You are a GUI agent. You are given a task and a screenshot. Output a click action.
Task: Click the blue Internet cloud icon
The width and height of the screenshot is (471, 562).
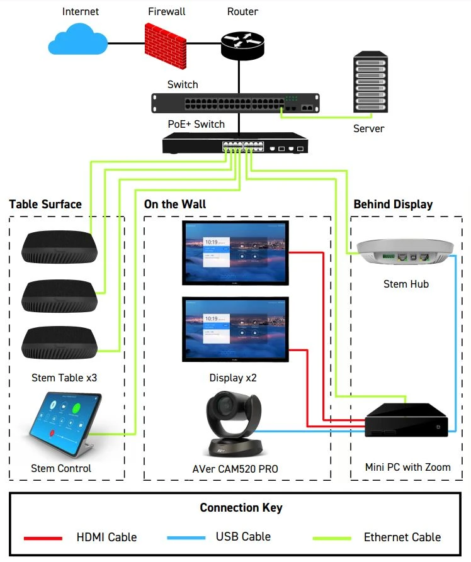(x=77, y=41)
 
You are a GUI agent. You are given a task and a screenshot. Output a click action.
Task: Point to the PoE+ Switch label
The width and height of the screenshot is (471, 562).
(x=196, y=124)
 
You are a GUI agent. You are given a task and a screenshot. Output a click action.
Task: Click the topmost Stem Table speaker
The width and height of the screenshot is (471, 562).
(x=59, y=247)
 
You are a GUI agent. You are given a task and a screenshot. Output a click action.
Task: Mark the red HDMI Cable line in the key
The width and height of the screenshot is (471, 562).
(x=43, y=538)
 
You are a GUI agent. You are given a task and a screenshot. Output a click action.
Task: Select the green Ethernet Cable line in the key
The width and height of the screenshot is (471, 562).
(x=332, y=538)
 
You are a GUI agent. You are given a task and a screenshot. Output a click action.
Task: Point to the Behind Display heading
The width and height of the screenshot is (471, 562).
(x=393, y=205)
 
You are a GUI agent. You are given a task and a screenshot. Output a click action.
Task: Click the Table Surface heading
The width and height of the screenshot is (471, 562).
(x=45, y=205)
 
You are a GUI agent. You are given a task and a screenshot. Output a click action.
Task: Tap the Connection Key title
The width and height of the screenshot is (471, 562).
(x=241, y=508)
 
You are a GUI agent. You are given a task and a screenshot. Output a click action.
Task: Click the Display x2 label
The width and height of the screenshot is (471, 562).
(x=233, y=378)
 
